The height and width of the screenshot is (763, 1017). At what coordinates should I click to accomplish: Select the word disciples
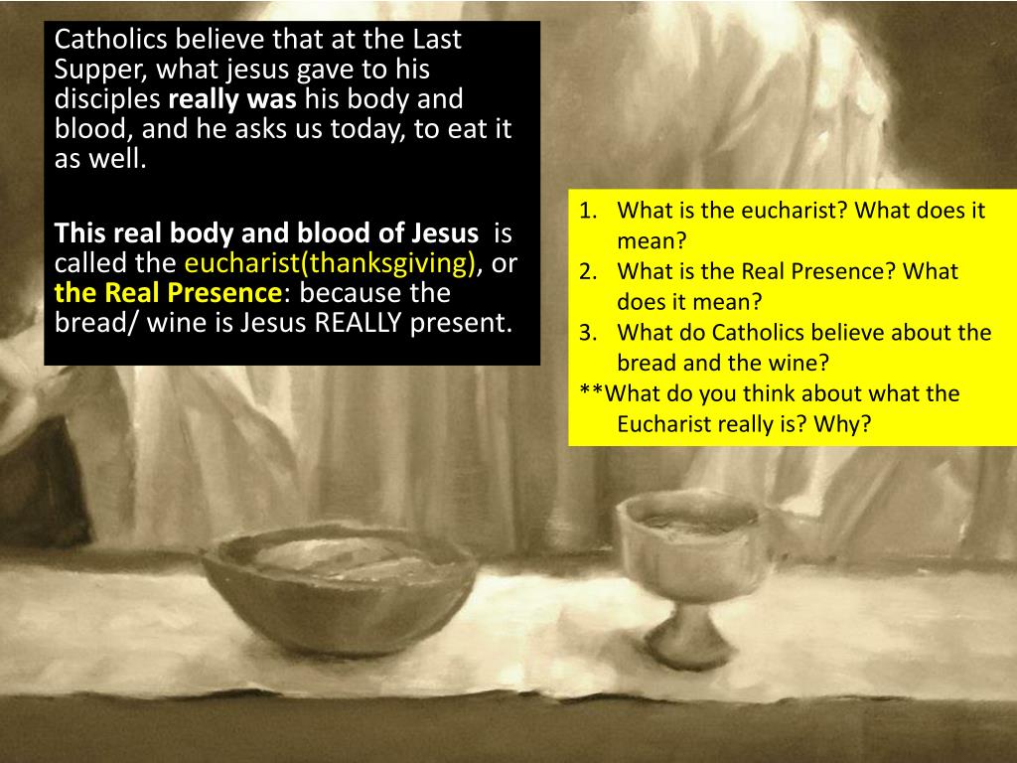coord(107,100)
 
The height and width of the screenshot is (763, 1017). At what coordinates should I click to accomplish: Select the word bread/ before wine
coord(96,323)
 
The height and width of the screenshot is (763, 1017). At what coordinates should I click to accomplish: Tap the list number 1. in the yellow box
coord(590,211)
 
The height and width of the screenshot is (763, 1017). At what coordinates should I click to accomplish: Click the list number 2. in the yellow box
coord(590,271)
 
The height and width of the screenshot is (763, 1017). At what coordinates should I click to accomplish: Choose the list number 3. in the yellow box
coord(590,333)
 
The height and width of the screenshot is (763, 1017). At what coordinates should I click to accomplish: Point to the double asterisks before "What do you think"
coord(591,393)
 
